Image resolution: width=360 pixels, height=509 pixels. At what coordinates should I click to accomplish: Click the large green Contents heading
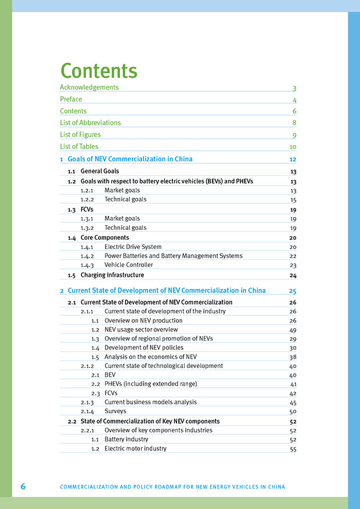click(x=99, y=71)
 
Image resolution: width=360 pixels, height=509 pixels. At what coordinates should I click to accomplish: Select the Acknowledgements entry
click(x=89, y=88)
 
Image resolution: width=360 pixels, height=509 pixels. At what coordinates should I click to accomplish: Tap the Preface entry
click(x=71, y=99)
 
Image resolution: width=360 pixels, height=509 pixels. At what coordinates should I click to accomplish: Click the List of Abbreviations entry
click(x=90, y=123)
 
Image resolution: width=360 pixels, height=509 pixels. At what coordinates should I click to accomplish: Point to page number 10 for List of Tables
click(x=293, y=147)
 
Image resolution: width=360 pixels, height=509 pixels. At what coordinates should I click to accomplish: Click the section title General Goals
click(x=100, y=171)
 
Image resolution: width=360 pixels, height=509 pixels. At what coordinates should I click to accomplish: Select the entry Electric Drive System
click(x=133, y=247)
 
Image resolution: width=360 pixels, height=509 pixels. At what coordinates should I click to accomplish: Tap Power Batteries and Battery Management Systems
click(x=174, y=256)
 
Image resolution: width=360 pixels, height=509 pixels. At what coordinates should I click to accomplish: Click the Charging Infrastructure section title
click(x=112, y=275)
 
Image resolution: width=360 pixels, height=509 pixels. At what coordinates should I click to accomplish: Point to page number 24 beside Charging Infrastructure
click(x=293, y=276)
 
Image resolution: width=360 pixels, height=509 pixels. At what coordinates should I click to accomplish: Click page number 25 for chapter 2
click(x=293, y=291)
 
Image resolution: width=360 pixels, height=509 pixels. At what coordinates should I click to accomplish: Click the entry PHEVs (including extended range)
click(x=150, y=384)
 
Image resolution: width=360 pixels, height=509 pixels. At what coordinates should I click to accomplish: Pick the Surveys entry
click(x=115, y=411)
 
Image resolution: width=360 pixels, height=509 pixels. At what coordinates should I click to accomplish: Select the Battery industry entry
click(x=126, y=439)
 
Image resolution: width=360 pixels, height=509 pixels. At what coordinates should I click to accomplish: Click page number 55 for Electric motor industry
click(x=293, y=449)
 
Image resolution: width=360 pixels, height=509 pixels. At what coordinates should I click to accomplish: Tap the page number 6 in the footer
click(x=23, y=486)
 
